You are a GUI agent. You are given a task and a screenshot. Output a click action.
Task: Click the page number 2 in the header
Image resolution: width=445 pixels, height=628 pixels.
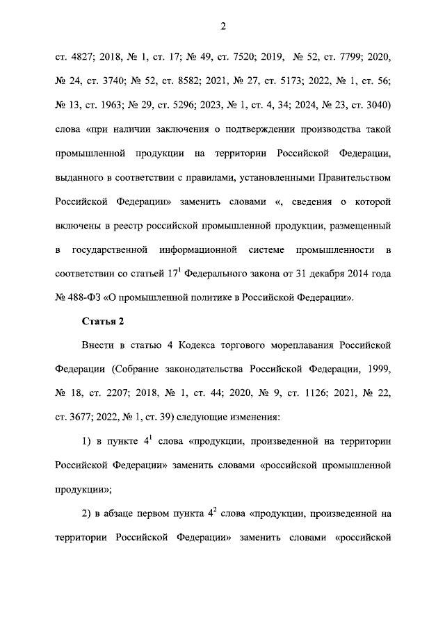click(222, 26)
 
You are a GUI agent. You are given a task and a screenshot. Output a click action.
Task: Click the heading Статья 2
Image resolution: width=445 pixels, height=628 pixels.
click(103, 322)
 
